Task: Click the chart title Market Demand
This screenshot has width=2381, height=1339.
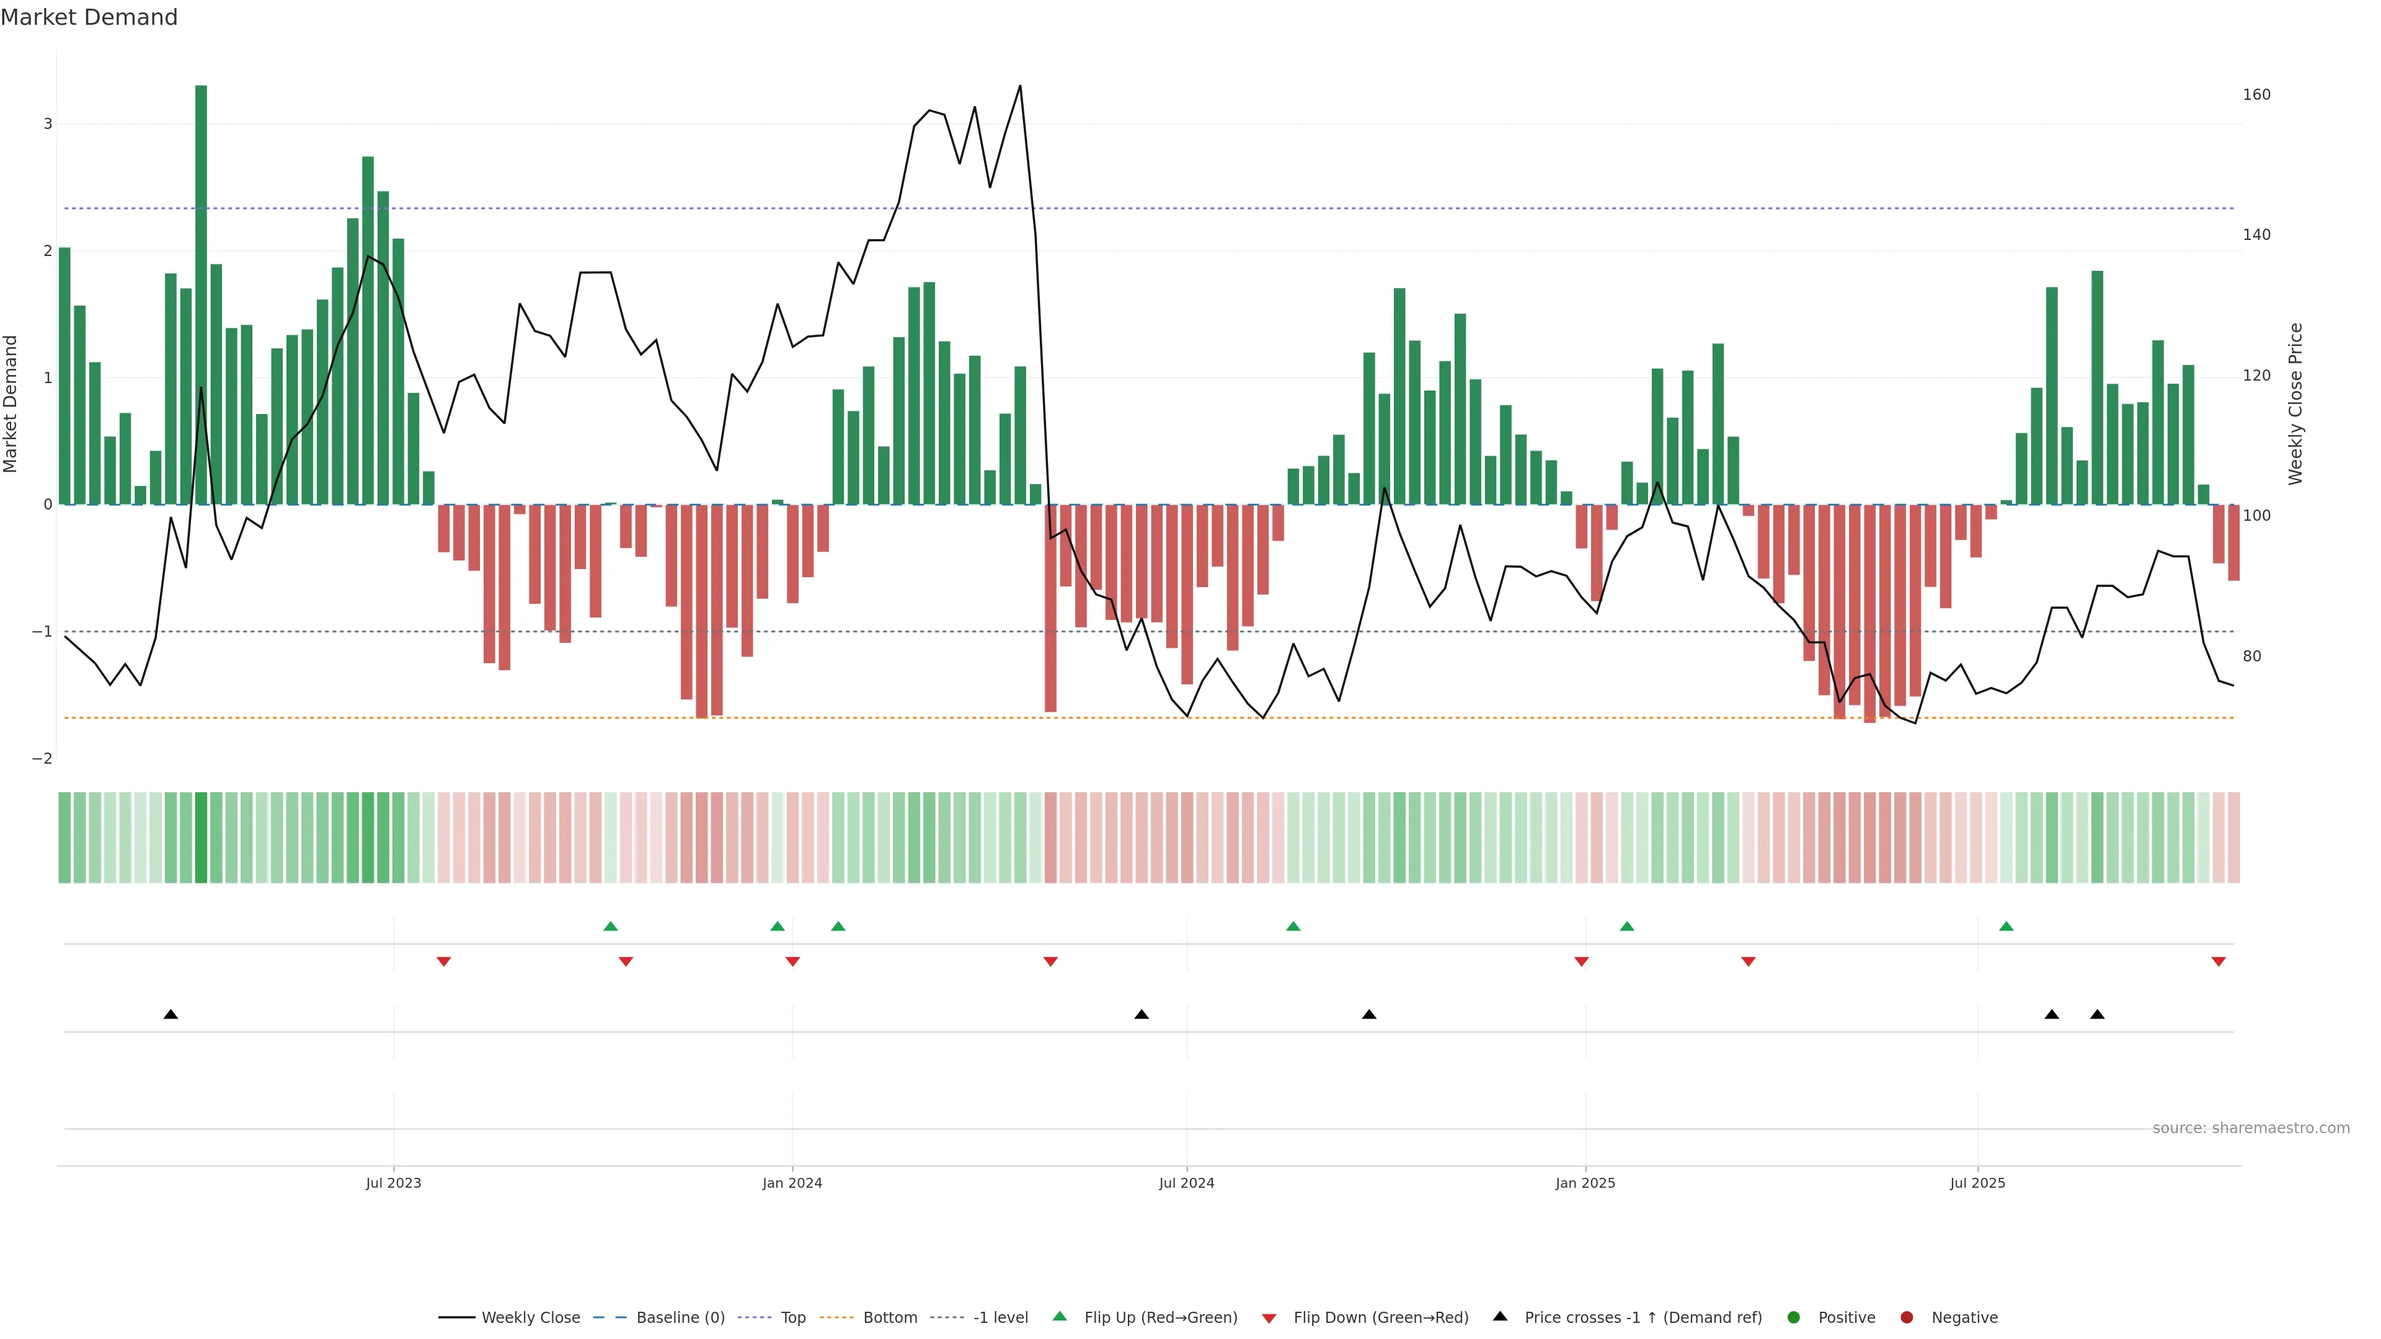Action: coord(89,17)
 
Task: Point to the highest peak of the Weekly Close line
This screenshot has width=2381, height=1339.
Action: coord(1019,87)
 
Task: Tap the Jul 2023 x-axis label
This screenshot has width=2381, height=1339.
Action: coord(393,1183)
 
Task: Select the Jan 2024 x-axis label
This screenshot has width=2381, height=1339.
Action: coord(792,1183)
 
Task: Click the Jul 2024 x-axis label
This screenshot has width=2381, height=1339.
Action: coord(1187,1183)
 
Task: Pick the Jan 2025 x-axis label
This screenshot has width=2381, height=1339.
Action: coord(1585,1183)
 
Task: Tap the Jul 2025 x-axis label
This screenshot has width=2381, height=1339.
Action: coord(1977,1183)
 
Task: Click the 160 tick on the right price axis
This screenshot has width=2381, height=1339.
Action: coord(2256,94)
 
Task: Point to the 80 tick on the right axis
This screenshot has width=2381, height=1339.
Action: coord(2251,656)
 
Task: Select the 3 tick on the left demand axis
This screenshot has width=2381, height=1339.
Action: coord(48,124)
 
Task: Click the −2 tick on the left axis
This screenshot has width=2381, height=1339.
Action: coord(43,759)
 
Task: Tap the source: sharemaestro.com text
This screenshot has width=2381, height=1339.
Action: coord(2251,1128)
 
